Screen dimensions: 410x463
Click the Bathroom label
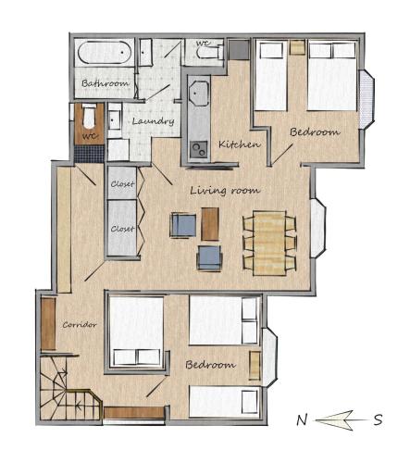point(106,83)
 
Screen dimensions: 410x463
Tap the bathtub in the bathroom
point(105,53)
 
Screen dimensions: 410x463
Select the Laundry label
point(153,121)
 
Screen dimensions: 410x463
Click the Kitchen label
point(239,144)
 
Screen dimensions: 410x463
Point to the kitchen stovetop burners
point(199,150)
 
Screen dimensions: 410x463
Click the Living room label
point(225,190)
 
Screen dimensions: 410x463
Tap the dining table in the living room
point(269,243)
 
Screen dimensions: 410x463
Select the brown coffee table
point(210,224)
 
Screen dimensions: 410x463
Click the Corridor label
point(80,325)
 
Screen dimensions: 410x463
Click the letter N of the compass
point(302,420)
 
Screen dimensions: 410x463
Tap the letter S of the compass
point(379,419)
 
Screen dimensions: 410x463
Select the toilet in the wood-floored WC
point(89,116)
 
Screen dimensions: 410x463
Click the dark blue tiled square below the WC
point(89,154)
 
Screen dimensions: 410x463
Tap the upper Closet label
point(122,184)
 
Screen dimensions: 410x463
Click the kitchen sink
point(198,94)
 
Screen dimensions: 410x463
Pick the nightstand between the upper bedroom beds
point(297,47)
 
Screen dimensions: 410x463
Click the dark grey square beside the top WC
point(240,49)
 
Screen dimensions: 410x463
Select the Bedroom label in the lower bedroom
point(211,365)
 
